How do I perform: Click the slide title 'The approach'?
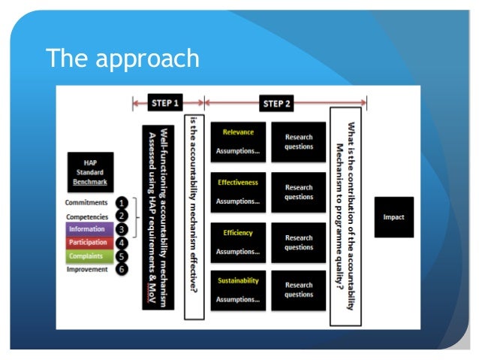pyautogui.click(x=122, y=58)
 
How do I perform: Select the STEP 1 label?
pyautogui.click(x=168, y=104)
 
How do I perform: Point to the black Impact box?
pyautogui.click(x=393, y=217)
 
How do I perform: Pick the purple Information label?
pyautogui.click(x=89, y=229)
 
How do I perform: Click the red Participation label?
pyautogui.click(x=89, y=243)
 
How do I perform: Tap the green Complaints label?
pyautogui.click(x=89, y=256)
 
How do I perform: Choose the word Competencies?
pyautogui.click(x=88, y=216)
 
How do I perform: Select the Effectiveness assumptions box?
pyautogui.click(x=237, y=192)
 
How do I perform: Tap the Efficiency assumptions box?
pyautogui.click(x=237, y=242)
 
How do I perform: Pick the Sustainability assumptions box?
pyautogui.click(x=237, y=290)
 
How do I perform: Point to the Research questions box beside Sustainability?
pyautogui.click(x=299, y=290)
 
